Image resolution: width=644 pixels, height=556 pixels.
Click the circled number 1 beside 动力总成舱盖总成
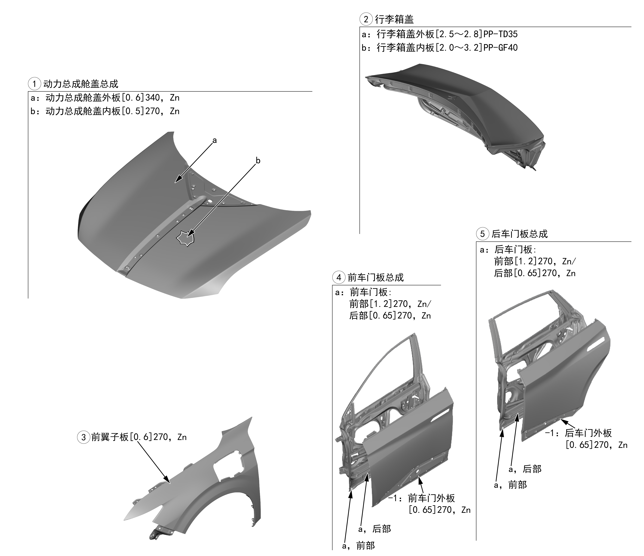pyautogui.click(x=35, y=84)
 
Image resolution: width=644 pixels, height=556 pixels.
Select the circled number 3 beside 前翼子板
pyautogui.click(x=83, y=438)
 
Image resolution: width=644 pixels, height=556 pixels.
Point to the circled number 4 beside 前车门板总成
pyautogui.click(x=339, y=277)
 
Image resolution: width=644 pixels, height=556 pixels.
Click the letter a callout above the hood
pyautogui.click(x=215, y=140)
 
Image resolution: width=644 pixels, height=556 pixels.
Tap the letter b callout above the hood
pyautogui.click(x=258, y=161)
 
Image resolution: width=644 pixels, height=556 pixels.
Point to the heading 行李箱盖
pyautogui.click(x=394, y=19)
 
